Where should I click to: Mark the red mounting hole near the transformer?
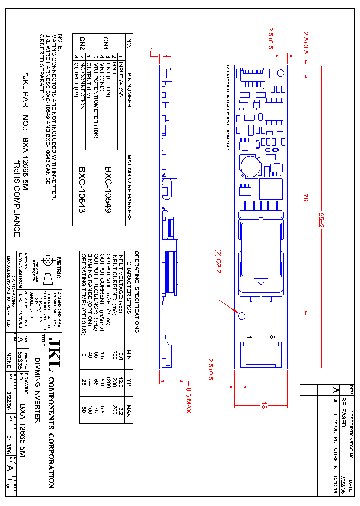click(241, 316)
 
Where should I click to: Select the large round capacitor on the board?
click(248, 165)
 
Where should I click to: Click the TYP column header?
click(129, 378)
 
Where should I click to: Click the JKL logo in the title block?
click(52, 355)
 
